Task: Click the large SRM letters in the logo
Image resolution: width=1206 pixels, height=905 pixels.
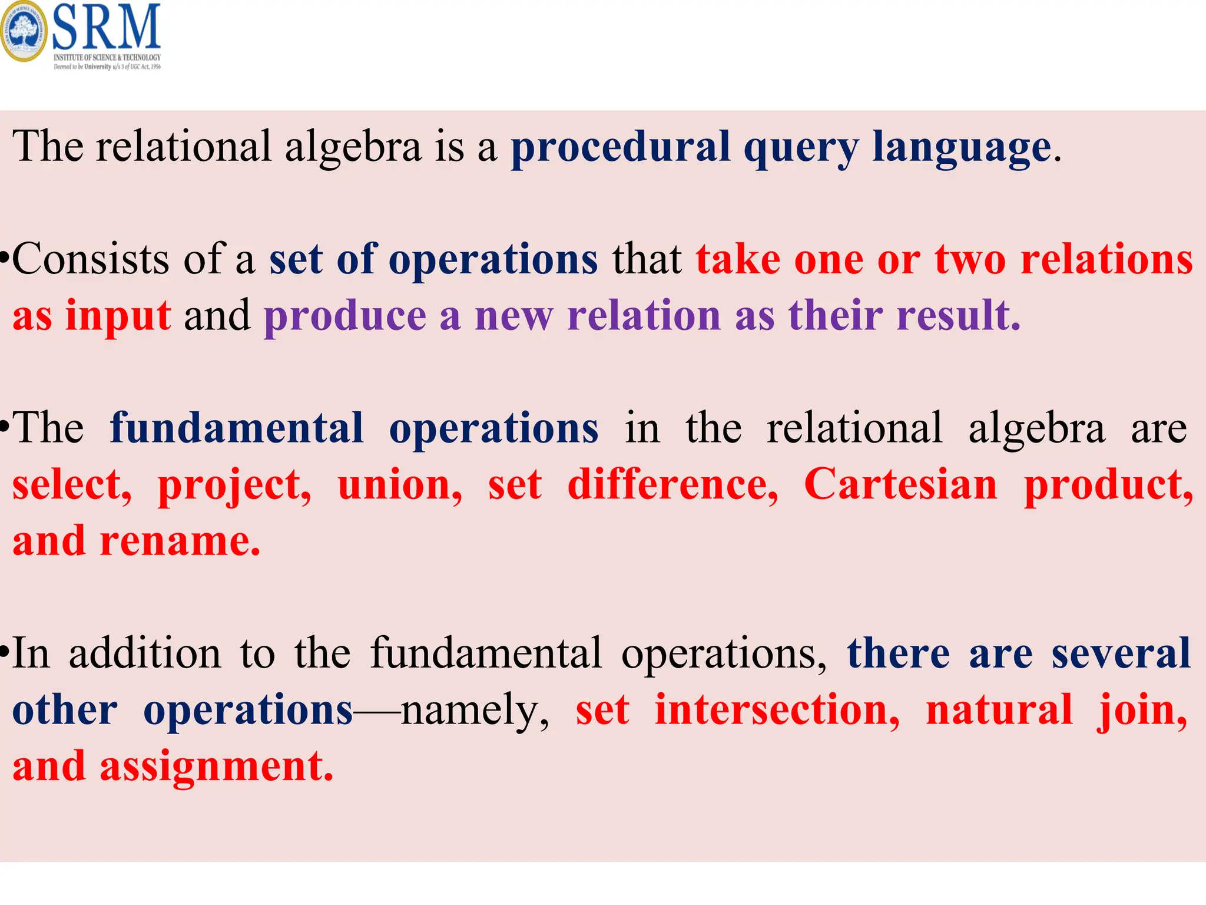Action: tap(106, 27)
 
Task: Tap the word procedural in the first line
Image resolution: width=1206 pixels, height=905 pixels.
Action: tap(620, 147)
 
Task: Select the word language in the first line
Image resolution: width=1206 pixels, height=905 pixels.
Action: tap(961, 147)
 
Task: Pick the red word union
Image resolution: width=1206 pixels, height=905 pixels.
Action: tap(399, 485)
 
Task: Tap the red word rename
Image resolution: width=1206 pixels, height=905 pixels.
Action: tap(179, 541)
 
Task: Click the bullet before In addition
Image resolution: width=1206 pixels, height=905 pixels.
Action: tap(5, 653)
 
